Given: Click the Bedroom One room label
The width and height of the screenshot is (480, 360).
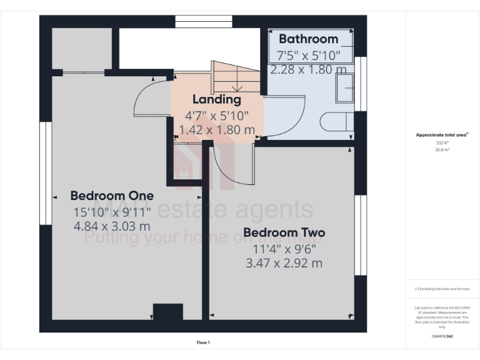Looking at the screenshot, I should coord(111,195).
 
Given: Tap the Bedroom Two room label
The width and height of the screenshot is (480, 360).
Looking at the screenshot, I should coord(284,233).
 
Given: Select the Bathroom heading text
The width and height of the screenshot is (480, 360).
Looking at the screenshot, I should coord(308,39).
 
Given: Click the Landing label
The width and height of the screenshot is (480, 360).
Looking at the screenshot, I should coord(216,99).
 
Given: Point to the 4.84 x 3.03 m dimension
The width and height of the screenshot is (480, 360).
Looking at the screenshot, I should coord(111,226).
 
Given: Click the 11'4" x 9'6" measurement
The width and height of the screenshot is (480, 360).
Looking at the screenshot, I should coord(284,248).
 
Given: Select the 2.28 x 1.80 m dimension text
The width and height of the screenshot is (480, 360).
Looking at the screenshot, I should coord(308,69).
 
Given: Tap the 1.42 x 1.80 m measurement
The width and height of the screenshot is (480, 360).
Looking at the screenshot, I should coord(216,130).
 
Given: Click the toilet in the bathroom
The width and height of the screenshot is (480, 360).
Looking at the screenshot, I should coord(337,121).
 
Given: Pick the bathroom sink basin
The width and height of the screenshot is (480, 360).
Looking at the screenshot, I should coord(344,88).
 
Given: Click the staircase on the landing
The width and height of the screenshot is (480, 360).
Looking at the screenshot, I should coord(236,78).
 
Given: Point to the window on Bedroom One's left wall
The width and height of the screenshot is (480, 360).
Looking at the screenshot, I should coord(44,172).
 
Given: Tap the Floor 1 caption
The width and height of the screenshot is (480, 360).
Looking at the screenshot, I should coord(203,342).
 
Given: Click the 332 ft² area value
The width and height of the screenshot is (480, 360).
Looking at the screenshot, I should coord(442,143).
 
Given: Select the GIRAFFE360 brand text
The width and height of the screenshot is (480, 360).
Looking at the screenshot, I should coord(442,336).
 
